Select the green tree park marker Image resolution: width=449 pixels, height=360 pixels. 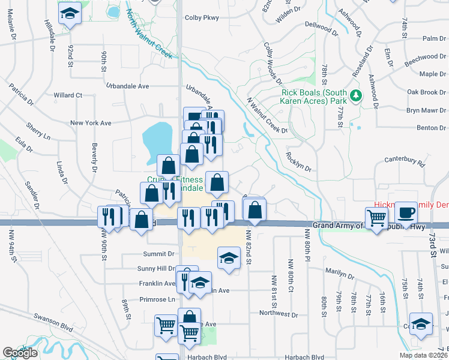[x=355, y=95]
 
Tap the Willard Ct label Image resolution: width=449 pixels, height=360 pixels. [x=67, y=95]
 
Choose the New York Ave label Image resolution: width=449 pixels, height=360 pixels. [x=91, y=123]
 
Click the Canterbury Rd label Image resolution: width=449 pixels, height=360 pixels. [x=405, y=163]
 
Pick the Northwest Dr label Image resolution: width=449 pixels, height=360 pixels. [x=279, y=313]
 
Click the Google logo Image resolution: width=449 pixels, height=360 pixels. [x=20, y=353]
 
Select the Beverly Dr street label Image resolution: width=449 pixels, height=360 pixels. [x=94, y=157]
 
